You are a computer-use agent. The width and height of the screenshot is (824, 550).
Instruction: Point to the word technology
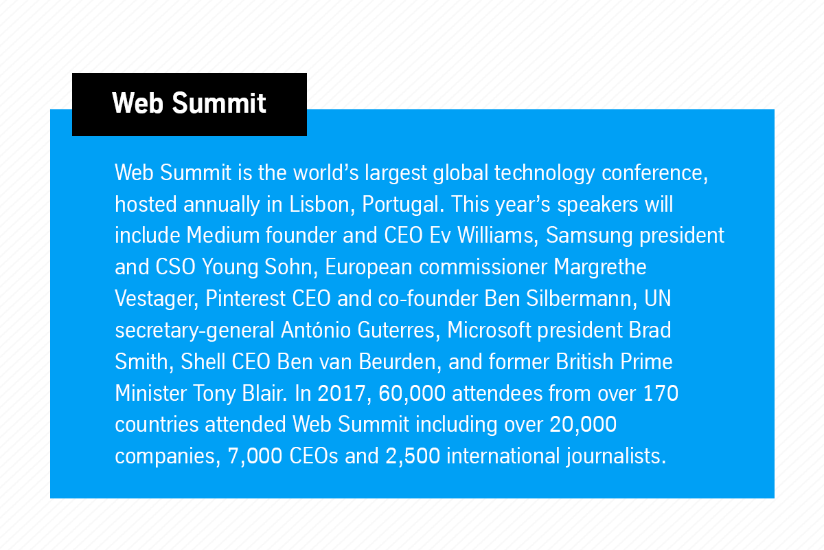pos(545,173)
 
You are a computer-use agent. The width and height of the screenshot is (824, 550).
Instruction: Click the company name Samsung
pos(589,236)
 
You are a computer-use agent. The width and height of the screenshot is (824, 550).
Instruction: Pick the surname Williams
pos(498,236)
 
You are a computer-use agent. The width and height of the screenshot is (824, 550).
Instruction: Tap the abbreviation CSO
pos(176,267)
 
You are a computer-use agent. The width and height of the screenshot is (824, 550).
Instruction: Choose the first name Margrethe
pos(600,267)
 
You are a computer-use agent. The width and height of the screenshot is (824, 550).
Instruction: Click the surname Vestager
pos(157,299)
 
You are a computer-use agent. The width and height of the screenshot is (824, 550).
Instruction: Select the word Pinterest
pos(245,298)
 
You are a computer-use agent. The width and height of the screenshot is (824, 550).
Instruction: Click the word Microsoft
pos(489,330)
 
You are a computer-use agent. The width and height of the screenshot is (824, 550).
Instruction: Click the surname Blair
pos(264,393)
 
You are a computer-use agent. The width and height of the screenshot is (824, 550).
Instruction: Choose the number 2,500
pos(413,456)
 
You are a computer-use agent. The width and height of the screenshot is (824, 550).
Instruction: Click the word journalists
pos(616,456)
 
